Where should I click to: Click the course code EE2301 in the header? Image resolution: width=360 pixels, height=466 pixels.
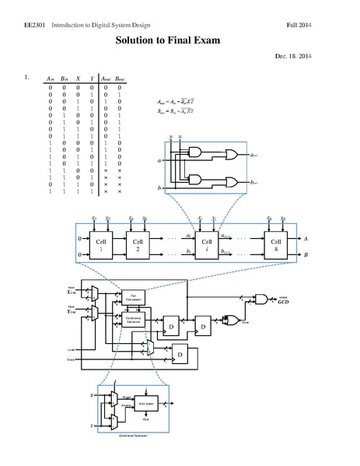click(x=30, y=26)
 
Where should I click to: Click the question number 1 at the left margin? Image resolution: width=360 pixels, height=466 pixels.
click(x=26, y=78)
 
